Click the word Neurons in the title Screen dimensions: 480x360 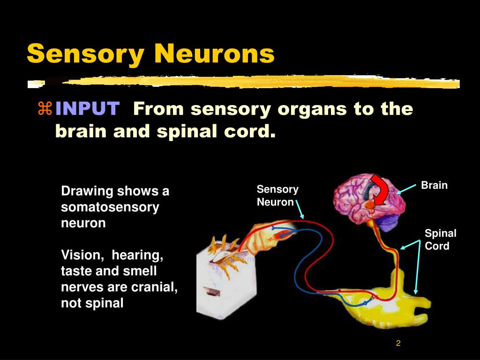pos(213,54)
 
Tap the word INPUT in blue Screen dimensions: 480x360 pos(87,109)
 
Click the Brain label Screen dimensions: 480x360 pos(434,185)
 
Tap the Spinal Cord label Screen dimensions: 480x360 pos(440,240)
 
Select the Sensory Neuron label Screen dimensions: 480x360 pos(277,195)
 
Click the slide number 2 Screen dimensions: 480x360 pos(398,343)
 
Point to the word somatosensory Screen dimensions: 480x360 pos(110,207)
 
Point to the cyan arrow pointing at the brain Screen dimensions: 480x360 pos(406,188)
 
